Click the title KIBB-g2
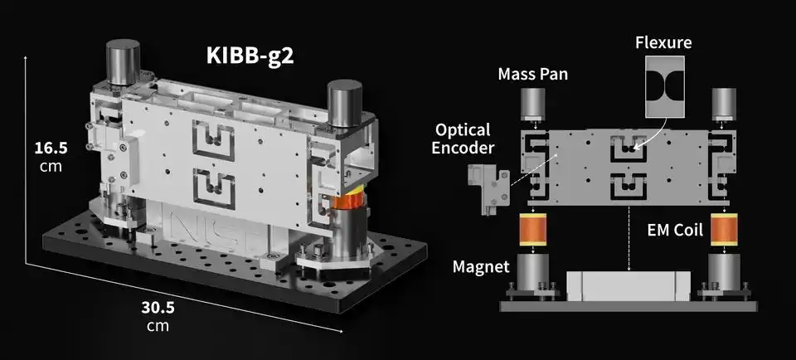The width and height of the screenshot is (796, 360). (250, 56)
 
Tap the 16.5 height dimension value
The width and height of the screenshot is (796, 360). (51, 148)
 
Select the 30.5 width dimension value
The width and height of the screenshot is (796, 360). (158, 308)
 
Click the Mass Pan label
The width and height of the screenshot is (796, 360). (532, 74)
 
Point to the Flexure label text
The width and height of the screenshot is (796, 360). (663, 42)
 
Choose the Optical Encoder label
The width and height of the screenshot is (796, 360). (462, 139)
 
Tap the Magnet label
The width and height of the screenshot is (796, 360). (481, 266)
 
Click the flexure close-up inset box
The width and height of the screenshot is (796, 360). (664, 85)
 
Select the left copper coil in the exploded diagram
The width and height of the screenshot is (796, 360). (532, 230)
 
